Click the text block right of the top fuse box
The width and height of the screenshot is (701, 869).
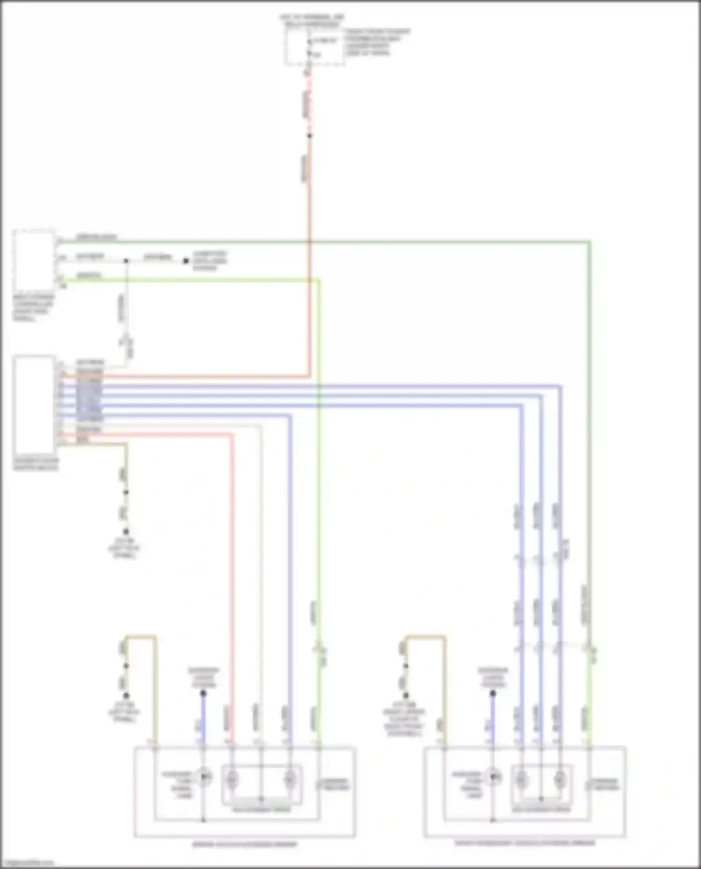pos(377,42)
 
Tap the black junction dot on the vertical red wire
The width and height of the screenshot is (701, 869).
pos(309,136)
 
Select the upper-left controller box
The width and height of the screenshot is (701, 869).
pos(34,261)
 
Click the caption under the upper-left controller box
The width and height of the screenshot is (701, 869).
pos(33,308)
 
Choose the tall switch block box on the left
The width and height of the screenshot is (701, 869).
pos(34,404)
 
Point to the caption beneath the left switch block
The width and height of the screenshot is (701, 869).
pos(36,465)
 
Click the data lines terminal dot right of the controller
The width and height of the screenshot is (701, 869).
pos(186,261)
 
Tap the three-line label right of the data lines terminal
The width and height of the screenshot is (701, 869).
pos(210,261)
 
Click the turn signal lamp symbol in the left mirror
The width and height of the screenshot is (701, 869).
pos(204,777)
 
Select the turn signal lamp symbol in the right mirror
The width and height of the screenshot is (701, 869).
pos(493,777)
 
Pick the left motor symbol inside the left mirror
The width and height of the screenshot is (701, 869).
pos(232,778)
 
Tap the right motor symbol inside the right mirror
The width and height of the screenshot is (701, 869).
pos(559,778)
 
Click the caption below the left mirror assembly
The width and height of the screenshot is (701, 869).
pos(244,844)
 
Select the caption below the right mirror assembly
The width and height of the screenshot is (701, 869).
pos(525,843)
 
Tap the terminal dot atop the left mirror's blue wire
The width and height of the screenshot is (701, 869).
pos(203,693)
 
